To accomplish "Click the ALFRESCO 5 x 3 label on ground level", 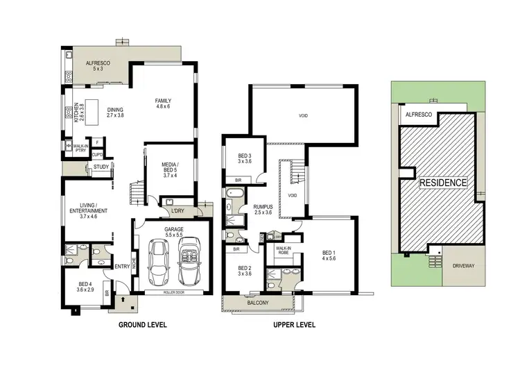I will coord(94,66).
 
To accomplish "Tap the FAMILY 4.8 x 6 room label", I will coord(163,104).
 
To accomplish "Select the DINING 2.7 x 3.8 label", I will coord(115,112).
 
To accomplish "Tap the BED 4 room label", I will coord(86,285).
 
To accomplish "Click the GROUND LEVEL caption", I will coord(143,324).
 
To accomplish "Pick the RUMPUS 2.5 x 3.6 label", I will coord(263,210).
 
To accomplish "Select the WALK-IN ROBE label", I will coord(284,251).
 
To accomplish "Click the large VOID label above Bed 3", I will coord(303,116).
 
